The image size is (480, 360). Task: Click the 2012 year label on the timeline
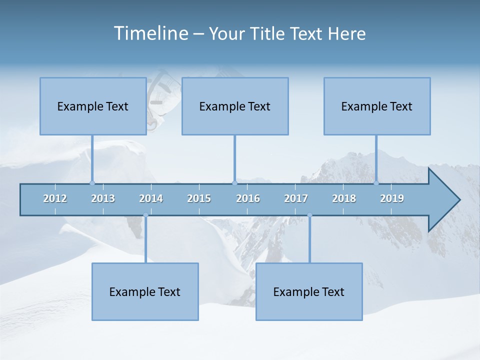click(x=55, y=198)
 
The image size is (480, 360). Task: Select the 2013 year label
click(x=103, y=198)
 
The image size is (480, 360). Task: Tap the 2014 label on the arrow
click(x=151, y=198)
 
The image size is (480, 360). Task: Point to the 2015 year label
click(x=199, y=198)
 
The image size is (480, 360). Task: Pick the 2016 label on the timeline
click(x=248, y=198)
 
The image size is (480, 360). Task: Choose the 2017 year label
click(x=296, y=198)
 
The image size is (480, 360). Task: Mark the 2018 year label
click(x=344, y=198)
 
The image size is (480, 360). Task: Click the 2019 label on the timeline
click(x=392, y=198)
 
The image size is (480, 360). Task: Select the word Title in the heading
click(x=268, y=34)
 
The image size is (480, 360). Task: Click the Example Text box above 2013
click(x=93, y=106)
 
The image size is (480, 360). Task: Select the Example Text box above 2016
click(x=235, y=106)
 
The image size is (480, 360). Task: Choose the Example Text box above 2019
click(x=377, y=106)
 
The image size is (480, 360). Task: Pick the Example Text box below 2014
click(x=145, y=291)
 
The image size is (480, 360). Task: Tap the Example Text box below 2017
click(x=309, y=291)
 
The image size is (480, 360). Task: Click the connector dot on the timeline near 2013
click(x=92, y=183)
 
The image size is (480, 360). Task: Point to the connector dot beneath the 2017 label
click(x=309, y=215)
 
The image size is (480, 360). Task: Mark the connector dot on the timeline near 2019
click(x=376, y=183)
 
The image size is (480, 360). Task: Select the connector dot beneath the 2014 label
click(x=145, y=215)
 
